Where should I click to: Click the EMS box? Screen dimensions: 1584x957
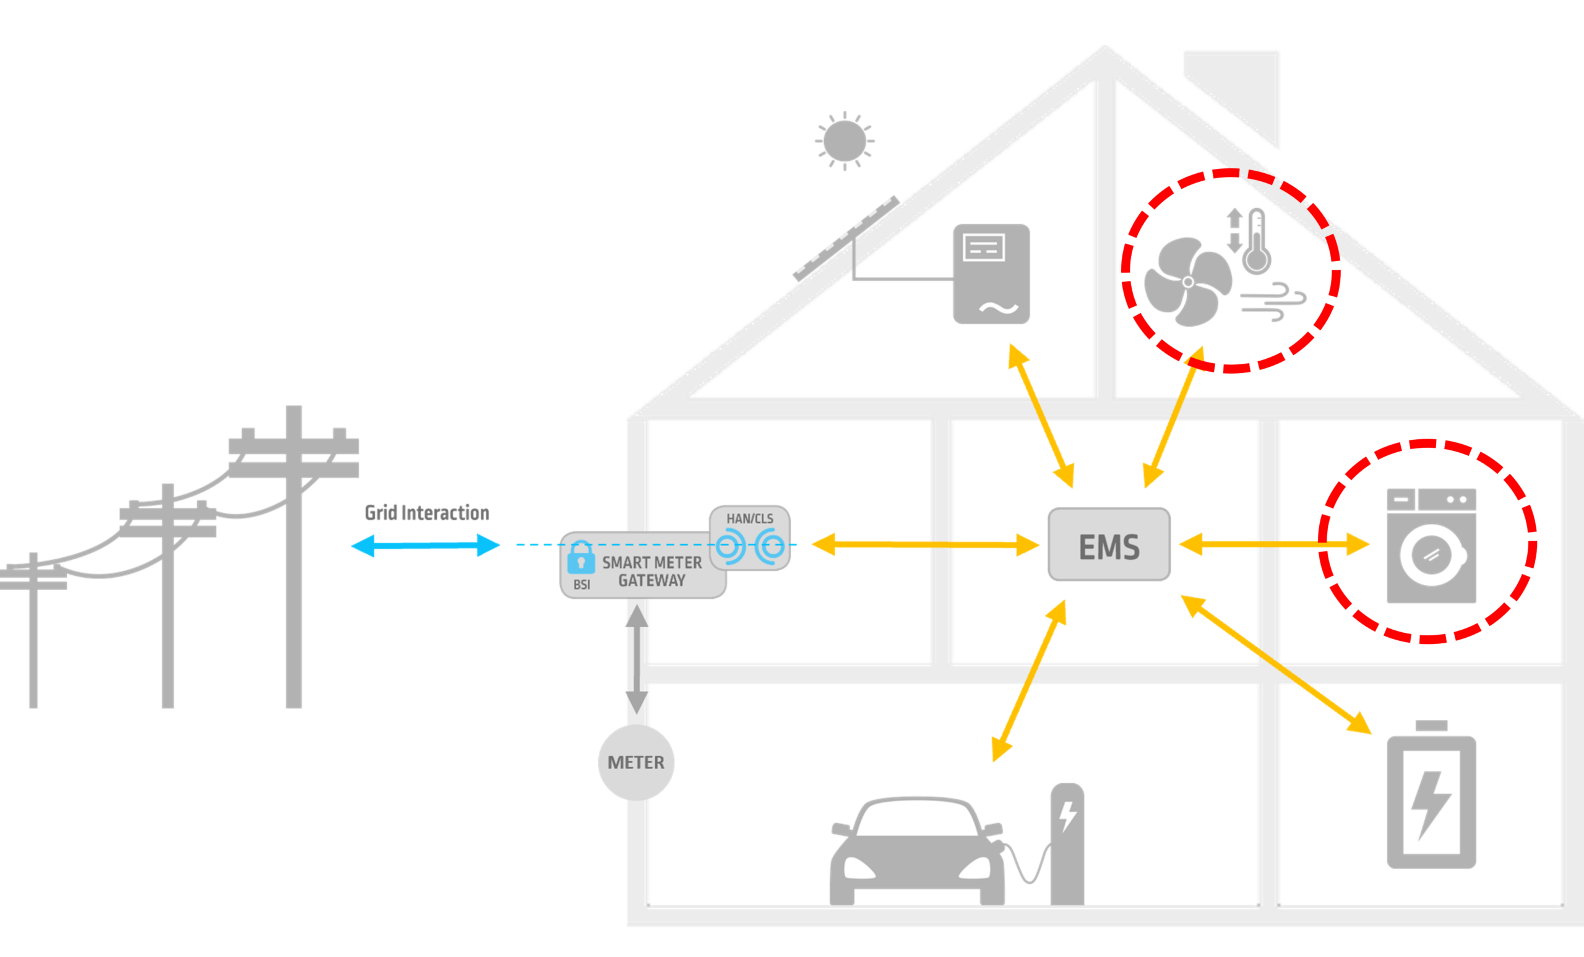pyautogui.click(x=1109, y=544)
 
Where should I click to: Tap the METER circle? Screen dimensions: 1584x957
pyautogui.click(x=636, y=762)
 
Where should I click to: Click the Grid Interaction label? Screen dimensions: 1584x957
pyautogui.click(x=427, y=512)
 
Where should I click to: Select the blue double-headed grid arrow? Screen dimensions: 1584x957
pyautogui.click(x=425, y=546)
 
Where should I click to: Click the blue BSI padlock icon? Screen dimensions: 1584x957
pyautogui.click(x=581, y=557)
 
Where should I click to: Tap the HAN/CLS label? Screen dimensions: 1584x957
pyautogui.click(x=749, y=518)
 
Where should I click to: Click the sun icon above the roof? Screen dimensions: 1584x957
pyautogui.click(x=845, y=142)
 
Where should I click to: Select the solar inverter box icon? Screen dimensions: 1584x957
pyautogui.click(x=991, y=274)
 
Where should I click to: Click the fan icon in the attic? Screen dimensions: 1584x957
pyautogui.click(x=1188, y=281)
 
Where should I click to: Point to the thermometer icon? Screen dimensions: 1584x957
pyautogui.click(x=1256, y=242)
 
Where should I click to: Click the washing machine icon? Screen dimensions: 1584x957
pyautogui.click(x=1431, y=546)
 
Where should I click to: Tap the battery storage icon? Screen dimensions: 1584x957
pyautogui.click(x=1431, y=794)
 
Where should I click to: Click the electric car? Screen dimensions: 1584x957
pyautogui.click(x=917, y=851)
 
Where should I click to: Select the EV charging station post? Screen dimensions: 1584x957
pyautogui.click(x=1067, y=844)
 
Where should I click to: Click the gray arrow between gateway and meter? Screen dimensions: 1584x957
pyautogui.click(x=637, y=659)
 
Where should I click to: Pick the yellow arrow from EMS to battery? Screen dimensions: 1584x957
pyautogui.click(x=1276, y=664)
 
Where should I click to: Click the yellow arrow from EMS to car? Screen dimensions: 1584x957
pyautogui.click(x=1028, y=681)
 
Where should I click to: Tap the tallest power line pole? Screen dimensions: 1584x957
pyautogui.click(x=294, y=557)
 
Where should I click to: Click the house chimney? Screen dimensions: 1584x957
pyautogui.click(x=1232, y=100)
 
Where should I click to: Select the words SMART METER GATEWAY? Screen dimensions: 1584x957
pyautogui.click(x=652, y=572)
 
